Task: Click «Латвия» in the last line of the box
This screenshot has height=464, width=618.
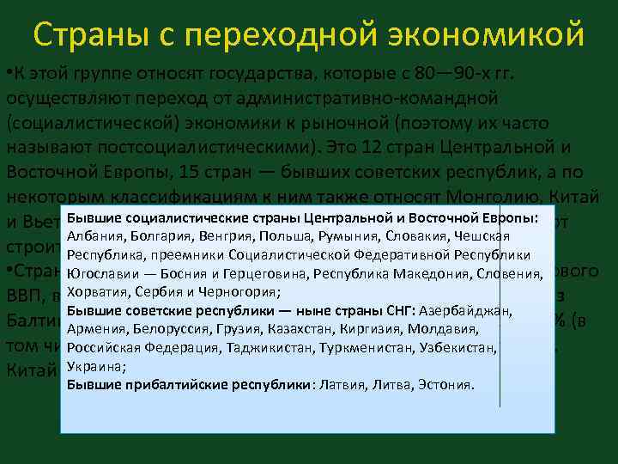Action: click(x=342, y=384)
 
